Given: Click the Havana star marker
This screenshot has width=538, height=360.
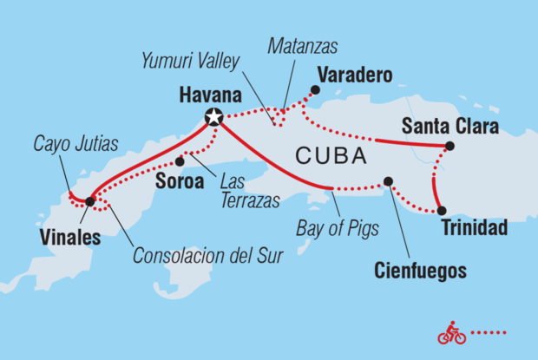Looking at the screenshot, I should [214, 117].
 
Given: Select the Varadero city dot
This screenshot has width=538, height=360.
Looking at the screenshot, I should [315, 89].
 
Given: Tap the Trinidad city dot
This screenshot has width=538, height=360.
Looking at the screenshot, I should [442, 211].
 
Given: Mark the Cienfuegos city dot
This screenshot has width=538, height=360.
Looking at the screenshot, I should [388, 181].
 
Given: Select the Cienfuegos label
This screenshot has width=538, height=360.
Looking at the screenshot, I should [421, 271].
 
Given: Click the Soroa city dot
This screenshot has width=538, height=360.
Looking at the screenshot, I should [180, 161].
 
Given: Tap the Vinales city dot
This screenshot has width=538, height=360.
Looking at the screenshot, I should [90, 201].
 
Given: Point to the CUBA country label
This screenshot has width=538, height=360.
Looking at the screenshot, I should [330, 157].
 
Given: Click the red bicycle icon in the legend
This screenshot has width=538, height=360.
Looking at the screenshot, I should [451, 333].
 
